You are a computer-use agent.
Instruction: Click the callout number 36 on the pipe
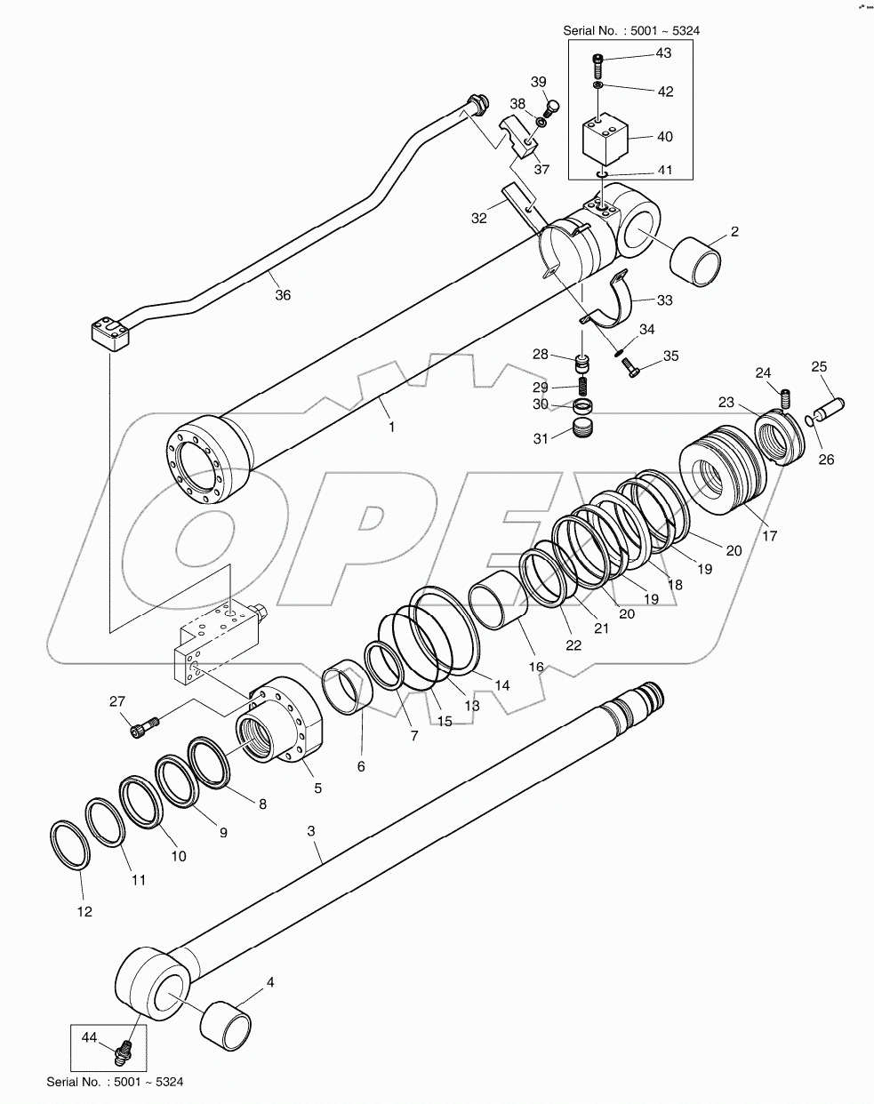point(282,296)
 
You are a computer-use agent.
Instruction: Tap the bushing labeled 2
point(696,261)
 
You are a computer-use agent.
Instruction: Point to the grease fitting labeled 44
point(124,1053)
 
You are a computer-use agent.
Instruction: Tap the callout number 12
point(83,911)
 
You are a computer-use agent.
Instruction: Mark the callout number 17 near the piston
point(770,536)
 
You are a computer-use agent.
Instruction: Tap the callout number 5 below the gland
point(317,788)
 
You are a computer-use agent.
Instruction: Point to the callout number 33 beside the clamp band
point(664,300)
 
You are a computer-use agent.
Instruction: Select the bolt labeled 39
point(550,108)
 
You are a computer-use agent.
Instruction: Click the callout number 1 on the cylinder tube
point(391,427)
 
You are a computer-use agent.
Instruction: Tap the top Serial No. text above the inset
point(631,31)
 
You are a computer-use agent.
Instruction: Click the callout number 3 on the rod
point(311,831)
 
